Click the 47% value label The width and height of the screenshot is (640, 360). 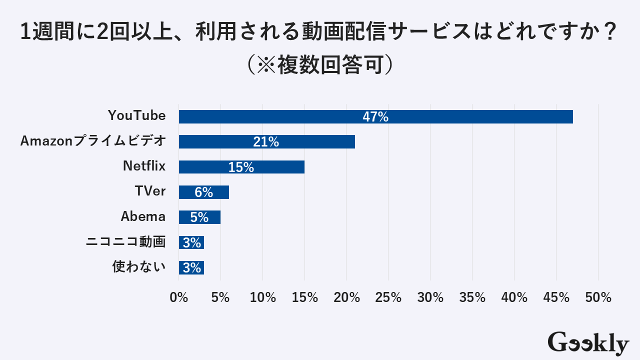[375, 116]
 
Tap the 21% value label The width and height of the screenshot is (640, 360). [266, 142]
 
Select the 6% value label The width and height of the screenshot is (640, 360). [204, 192]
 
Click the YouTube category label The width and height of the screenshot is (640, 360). [136, 115]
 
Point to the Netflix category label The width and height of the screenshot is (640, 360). [144, 166]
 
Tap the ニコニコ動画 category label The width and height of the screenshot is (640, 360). [125, 242]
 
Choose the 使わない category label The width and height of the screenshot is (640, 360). [138, 267]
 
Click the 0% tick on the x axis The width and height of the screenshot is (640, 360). [179, 297]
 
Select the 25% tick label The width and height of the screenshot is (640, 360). [388, 297]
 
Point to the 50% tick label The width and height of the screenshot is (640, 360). [598, 297]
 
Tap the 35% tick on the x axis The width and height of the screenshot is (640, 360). [472, 297]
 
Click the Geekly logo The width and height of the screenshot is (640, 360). [588, 343]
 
